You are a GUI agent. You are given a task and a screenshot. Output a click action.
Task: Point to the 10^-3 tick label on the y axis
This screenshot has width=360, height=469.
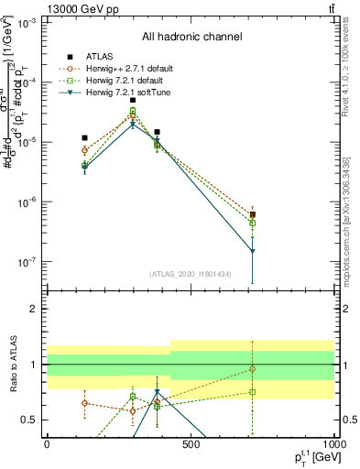tap(27, 22)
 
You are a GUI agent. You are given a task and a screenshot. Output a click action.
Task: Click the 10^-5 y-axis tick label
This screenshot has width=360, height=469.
tap(27, 142)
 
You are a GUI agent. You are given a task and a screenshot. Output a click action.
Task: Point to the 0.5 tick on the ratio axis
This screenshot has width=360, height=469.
tap(31, 420)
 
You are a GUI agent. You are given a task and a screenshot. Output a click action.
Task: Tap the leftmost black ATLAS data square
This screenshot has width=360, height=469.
tap(84, 137)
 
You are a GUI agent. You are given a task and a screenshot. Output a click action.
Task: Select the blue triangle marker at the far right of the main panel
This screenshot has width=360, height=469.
tap(252, 251)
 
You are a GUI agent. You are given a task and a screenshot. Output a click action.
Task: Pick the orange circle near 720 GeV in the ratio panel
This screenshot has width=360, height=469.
tap(252, 369)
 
